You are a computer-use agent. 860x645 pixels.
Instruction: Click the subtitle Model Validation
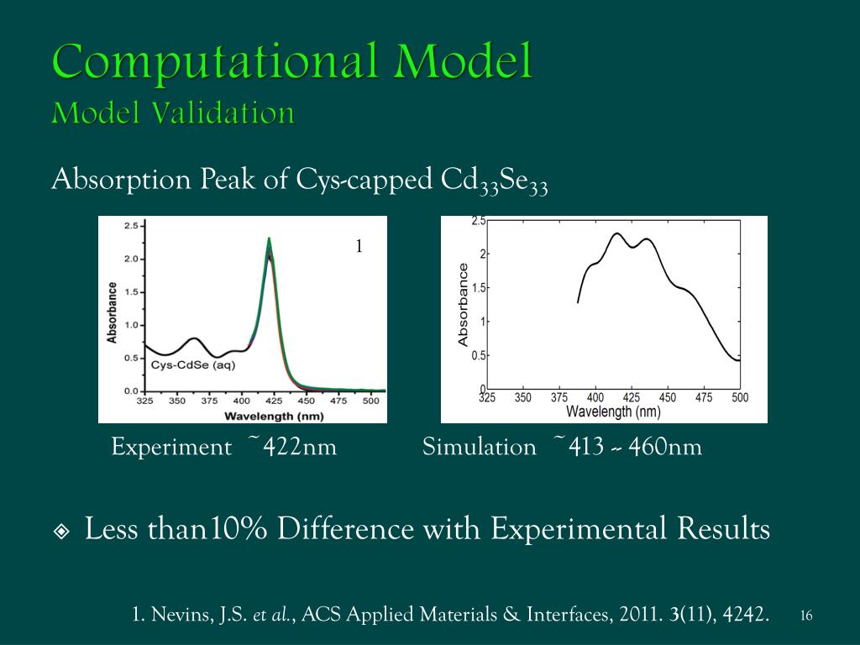(x=173, y=113)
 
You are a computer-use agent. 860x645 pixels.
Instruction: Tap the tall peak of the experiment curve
(x=269, y=241)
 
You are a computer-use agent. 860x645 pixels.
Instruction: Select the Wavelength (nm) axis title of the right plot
(x=613, y=412)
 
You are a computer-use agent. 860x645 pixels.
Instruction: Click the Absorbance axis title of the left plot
(x=112, y=312)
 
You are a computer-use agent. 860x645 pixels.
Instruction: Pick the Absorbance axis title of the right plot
(x=464, y=304)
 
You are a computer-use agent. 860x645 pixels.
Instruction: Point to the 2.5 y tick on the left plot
(x=132, y=226)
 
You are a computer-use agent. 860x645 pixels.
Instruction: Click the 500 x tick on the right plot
(x=739, y=397)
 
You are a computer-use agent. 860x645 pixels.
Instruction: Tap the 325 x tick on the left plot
(x=145, y=401)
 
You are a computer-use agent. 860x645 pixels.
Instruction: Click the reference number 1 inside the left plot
(x=359, y=246)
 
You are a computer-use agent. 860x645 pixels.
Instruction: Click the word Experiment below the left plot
(x=171, y=447)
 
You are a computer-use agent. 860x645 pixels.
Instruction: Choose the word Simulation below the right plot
(x=480, y=447)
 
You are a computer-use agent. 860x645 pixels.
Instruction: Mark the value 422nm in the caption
(x=299, y=447)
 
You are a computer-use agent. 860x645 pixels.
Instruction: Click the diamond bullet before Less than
(x=62, y=532)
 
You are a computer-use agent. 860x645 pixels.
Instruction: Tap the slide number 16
(x=806, y=616)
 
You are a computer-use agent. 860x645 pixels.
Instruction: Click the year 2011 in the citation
(x=636, y=615)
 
